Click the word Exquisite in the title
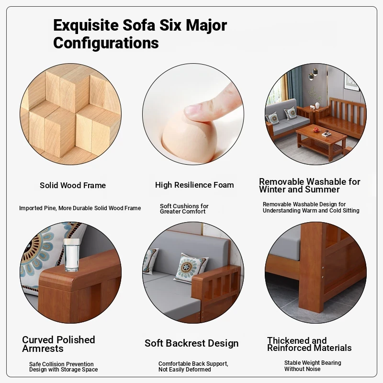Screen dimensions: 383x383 click(x=86, y=26)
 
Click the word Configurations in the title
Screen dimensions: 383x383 click(x=106, y=43)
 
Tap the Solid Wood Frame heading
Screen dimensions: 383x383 click(x=73, y=185)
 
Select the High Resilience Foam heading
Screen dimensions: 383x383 click(x=194, y=185)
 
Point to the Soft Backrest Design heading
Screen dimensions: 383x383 click(x=191, y=343)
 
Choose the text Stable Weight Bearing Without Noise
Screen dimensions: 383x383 click(x=313, y=366)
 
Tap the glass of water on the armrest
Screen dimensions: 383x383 click(x=71, y=255)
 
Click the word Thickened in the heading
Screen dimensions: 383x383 click(x=284, y=340)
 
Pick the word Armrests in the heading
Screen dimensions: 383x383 click(x=43, y=349)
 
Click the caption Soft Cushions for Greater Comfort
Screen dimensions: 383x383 click(x=184, y=209)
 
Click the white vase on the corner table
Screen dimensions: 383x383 click(x=317, y=105)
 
